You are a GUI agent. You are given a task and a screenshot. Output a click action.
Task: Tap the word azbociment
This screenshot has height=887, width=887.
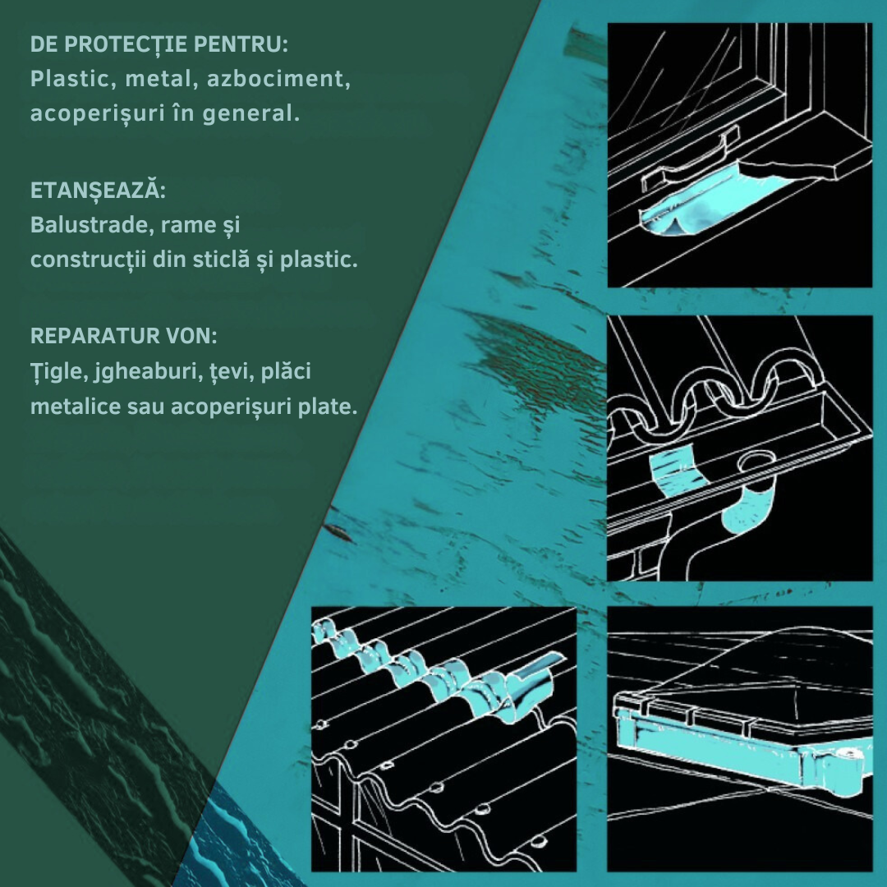(x=278, y=79)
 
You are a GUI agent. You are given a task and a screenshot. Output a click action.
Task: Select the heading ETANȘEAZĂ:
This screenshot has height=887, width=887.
(x=97, y=190)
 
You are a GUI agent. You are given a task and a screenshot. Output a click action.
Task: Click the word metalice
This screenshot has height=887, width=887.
(x=76, y=407)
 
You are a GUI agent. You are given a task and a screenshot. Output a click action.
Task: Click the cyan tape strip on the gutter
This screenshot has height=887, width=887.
(x=676, y=470)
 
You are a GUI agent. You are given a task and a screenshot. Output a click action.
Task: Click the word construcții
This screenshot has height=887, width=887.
(x=88, y=260)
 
